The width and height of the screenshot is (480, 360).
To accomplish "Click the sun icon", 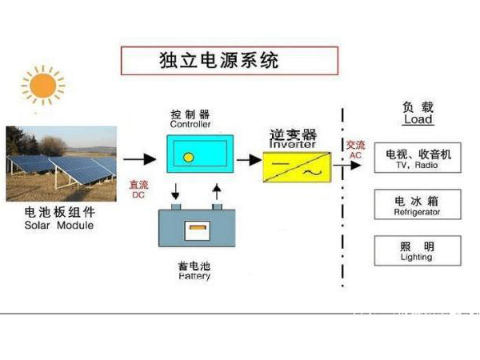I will tap(43, 86).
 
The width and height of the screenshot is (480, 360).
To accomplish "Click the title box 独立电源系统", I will tap(229, 61).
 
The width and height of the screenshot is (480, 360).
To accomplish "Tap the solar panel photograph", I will tap(61, 163).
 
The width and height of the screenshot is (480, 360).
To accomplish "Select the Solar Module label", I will tap(59, 225).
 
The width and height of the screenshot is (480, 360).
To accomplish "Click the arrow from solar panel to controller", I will tap(138, 159).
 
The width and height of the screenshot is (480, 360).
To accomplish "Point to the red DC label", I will tap(138, 189).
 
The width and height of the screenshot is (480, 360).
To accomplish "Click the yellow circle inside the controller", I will tap(188, 157).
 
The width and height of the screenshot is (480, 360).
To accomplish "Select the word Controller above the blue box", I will tap(190, 126).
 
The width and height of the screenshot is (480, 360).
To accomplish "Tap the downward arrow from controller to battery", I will tap(175, 192).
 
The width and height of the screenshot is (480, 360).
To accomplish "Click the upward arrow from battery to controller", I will tap(215, 192).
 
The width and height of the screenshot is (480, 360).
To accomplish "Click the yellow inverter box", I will tap(296, 166).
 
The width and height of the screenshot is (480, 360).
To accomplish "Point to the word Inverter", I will tap(293, 145).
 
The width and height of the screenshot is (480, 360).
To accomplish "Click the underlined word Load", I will tap(418, 120).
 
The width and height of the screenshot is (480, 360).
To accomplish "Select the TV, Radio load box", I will tap(418, 158).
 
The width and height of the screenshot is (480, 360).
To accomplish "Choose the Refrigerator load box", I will tap(418, 204).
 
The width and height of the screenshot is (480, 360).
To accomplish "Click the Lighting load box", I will tap(418, 250).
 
